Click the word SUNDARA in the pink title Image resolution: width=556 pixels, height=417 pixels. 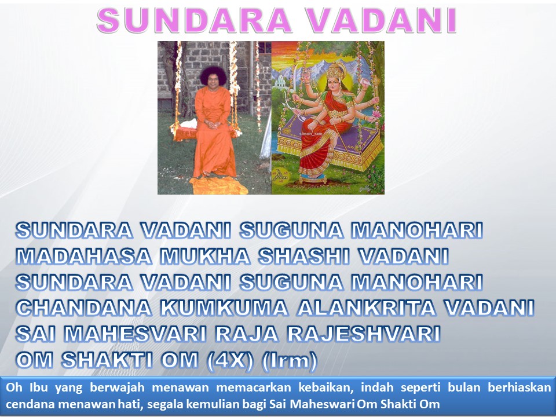194,21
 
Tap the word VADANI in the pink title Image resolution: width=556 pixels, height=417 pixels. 382,21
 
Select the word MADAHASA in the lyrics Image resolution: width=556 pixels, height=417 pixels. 84,256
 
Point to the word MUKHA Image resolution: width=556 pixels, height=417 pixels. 205,256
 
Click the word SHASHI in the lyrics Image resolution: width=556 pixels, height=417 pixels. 304,256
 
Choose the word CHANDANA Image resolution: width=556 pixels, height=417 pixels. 84,308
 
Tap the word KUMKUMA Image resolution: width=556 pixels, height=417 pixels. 224,308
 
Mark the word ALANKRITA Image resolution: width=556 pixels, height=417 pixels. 367,308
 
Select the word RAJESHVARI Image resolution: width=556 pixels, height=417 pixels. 364,334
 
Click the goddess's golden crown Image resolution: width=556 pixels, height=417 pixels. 336,71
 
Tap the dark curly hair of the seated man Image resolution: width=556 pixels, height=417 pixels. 213,75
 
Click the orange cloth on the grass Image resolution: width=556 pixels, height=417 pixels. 218,185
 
